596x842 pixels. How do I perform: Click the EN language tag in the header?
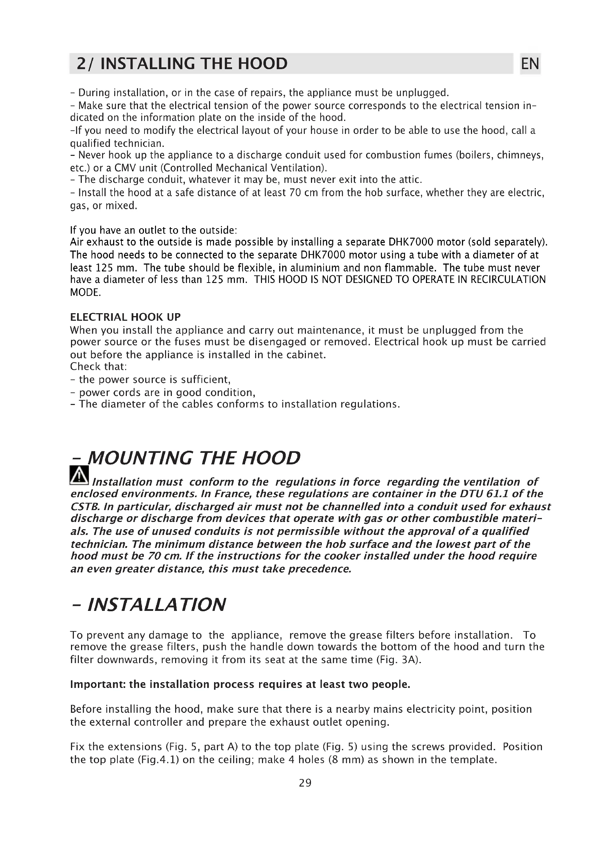coord(530,64)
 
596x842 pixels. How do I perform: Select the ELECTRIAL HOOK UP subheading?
coord(125,317)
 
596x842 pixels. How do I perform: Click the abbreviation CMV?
coord(121,168)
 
